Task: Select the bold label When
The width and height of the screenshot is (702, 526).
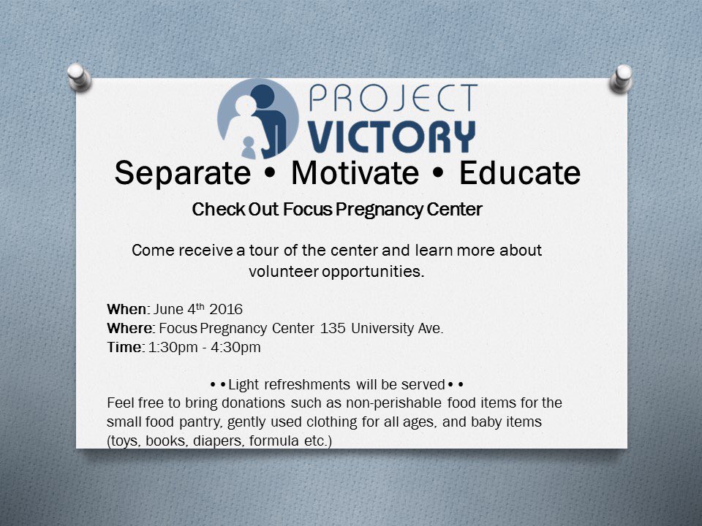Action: pos(126,309)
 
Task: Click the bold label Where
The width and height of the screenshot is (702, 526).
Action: pos(129,328)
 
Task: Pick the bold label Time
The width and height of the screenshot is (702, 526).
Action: pos(124,348)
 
